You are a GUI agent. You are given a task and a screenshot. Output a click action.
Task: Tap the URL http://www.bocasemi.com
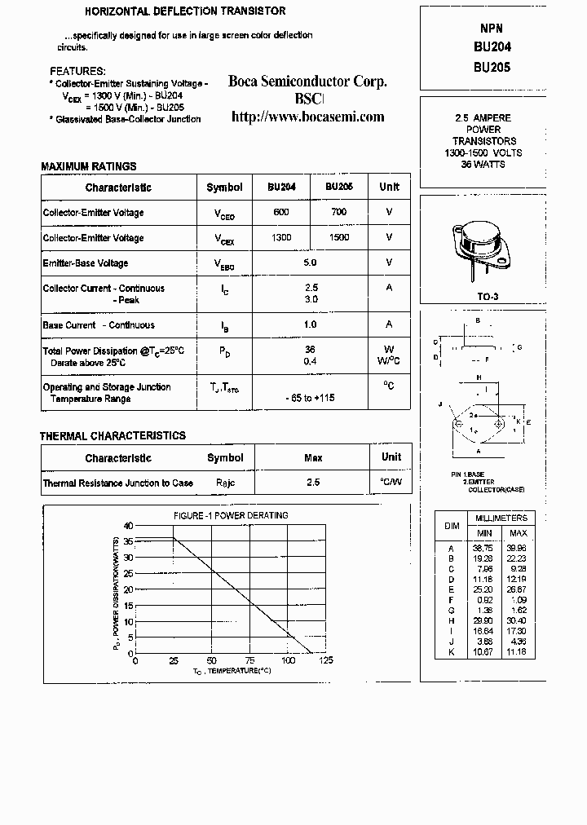point(307,117)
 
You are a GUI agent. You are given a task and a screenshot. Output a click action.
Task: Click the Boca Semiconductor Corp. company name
point(307,82)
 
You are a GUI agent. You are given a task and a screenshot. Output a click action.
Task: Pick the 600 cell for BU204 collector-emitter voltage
point(281,212)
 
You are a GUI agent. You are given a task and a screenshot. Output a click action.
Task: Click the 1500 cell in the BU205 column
point(339,237)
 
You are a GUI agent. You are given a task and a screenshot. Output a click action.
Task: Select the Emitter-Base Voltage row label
point(86,263)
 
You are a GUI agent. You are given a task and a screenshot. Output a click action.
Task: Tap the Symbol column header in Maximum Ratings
point(224,187)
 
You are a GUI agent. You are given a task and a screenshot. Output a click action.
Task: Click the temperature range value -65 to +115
point(310,398)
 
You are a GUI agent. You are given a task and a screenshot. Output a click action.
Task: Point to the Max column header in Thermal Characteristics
point(313,458)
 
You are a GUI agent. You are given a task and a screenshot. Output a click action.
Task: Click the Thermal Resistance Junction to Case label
point(117,483)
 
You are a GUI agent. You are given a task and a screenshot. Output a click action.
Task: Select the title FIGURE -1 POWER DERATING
point(231,515)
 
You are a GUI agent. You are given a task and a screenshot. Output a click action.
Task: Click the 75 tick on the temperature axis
point(250,660)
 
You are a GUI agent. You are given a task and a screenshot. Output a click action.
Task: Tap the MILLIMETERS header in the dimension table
point(501,518)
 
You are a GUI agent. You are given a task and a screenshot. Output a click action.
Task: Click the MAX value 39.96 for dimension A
point(517,548)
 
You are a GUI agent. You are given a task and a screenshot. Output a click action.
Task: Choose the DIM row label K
point(451,653)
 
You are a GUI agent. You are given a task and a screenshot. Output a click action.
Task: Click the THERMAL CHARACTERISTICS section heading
point(113,436)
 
